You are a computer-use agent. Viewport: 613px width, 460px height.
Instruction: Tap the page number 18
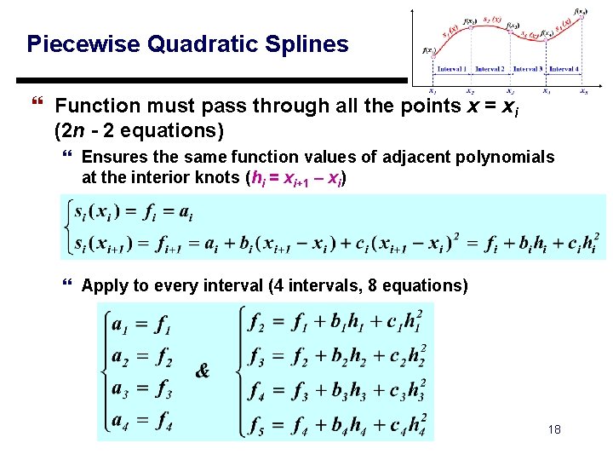pyautogui.click(x=554, y=431)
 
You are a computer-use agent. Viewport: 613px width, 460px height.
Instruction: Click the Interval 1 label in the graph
pyautogui.click(x=451, y=69)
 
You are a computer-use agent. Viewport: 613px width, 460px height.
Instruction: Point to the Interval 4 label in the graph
pyautogui.click(x=563, y=69)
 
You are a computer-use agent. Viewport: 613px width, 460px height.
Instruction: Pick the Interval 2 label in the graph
pyautogui.click(x=490, y=69)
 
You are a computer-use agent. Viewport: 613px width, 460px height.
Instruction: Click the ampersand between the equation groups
pyautogui.click(x=203, y=371)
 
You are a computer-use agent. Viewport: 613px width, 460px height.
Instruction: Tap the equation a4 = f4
pyautogui.click(x=142, y=420)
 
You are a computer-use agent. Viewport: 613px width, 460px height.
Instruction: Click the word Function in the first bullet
pyautogui.click(x=100, y=106)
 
